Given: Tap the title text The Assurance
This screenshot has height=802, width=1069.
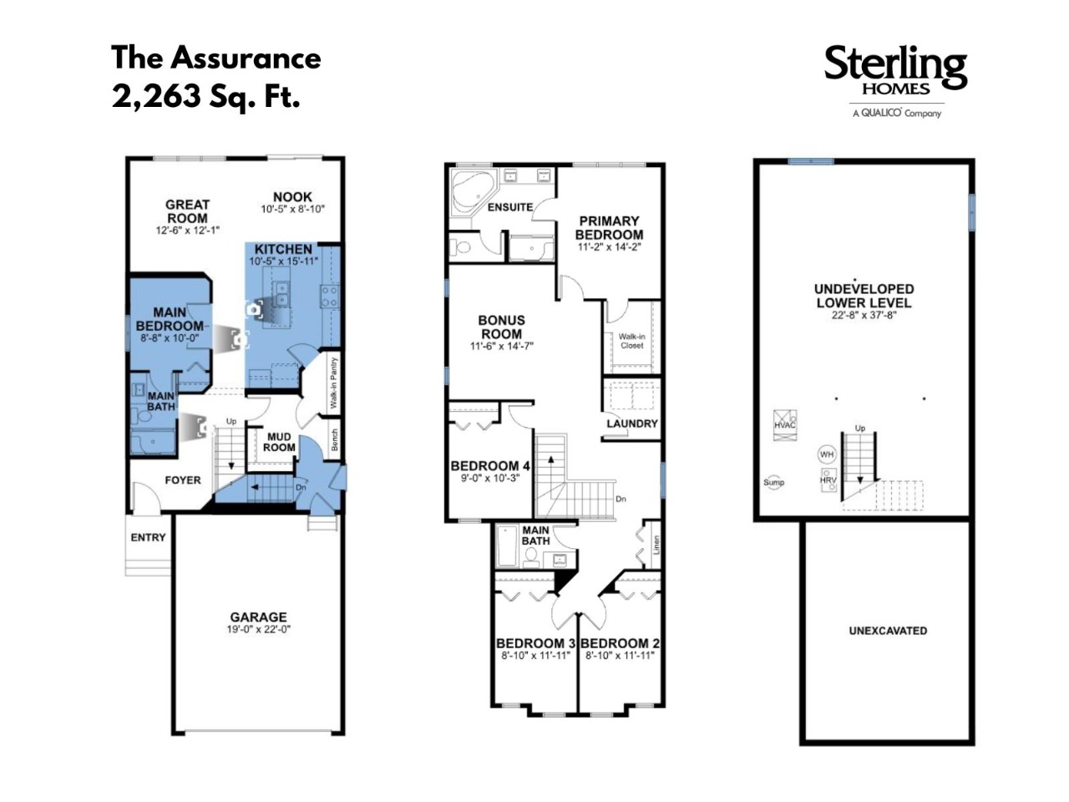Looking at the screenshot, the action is click(x=216, y=58).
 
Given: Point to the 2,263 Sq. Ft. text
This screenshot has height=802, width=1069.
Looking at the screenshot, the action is click(x=205, y=96).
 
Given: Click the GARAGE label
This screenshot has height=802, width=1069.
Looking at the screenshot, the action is click(x=259, y=617).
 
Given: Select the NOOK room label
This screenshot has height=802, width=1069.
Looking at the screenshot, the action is click(x=292, y=197).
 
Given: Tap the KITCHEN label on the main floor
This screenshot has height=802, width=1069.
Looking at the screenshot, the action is click(x=283, y=249).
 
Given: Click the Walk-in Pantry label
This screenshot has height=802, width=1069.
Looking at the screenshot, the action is click(x=333, y=383).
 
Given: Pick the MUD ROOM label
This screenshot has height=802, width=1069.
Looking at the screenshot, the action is click(x=279, y=442).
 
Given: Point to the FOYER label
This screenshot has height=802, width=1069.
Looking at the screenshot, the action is click(x=183, y=480).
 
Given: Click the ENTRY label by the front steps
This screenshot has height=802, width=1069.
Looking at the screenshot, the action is click(x=148, y=537).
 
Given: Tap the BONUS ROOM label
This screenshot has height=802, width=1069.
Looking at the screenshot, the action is click(x=502, y=327).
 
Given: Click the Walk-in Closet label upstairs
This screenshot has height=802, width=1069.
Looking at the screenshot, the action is click(x=631, y=341).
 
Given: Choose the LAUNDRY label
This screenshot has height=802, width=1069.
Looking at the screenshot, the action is click(x=632, y=424).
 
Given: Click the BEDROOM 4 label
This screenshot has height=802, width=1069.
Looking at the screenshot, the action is click(x=490, y=466).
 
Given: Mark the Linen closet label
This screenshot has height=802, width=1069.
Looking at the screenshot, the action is click(x=656, y=545).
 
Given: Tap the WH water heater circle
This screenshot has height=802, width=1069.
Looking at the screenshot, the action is click(x=827, y=454).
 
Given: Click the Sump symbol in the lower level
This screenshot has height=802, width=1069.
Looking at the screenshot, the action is click(x=774, y=483).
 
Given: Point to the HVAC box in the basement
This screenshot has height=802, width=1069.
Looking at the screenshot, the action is click(x=785, y=425).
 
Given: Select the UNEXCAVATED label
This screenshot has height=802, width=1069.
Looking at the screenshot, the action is click(x=888, y=631).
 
